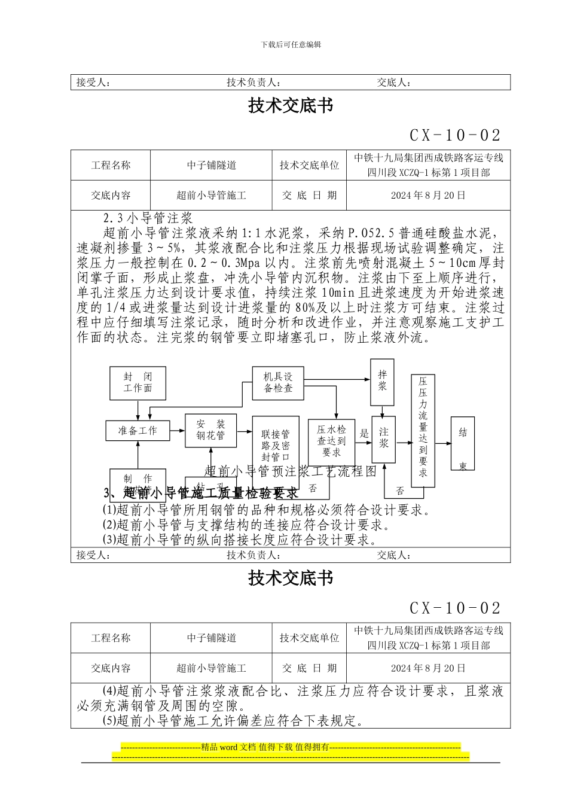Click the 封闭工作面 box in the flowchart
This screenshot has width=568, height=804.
tap(138, 383)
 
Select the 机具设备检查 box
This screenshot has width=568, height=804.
tap(278, 383)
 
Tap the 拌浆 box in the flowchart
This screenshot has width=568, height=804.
tap(383, 380)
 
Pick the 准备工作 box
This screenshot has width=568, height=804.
tap(138, 431)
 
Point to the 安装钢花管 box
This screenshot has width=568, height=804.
tap(210, 430)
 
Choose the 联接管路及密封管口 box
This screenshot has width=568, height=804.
tap(276, 444)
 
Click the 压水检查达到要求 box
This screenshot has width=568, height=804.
tap(331, 441)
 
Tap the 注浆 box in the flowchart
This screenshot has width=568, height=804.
tap(383, 438)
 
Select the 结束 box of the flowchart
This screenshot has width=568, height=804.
tap(463, 443)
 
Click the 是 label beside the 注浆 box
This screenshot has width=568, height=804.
tap(364, 434)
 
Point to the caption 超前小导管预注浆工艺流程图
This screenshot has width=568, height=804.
tap(291, 471)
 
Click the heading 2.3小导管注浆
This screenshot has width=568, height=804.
tap(147, 218)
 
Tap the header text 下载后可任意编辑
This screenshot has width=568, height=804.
tap(291, 44)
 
